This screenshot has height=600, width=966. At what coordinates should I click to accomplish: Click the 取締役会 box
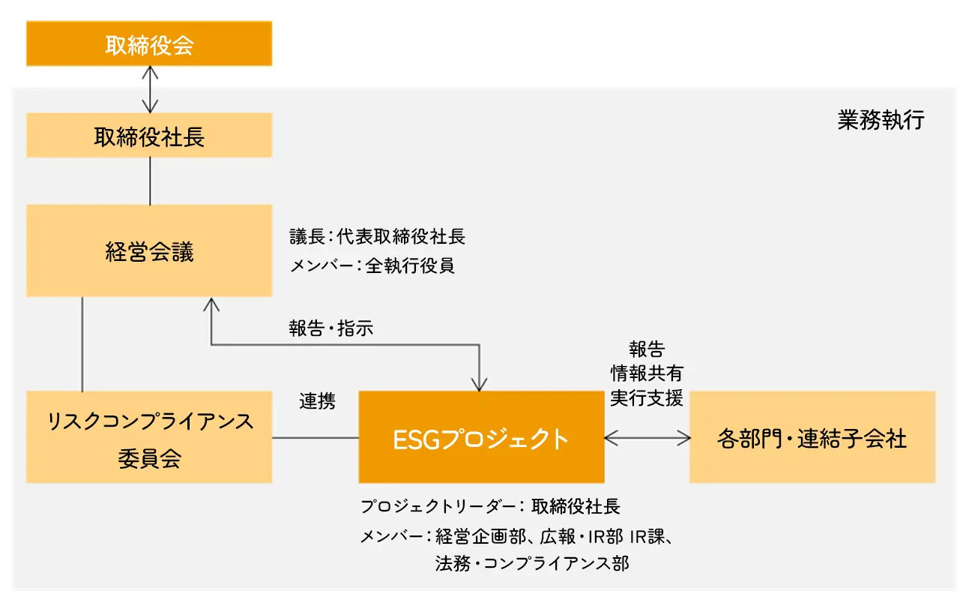coord(149,43)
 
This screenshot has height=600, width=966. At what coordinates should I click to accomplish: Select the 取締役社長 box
coord(149,135)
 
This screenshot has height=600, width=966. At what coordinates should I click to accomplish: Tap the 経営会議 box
coord(149,250)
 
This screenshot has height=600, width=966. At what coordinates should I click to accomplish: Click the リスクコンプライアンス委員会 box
coord(149,436)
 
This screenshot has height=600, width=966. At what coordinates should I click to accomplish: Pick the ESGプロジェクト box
coord(481,436)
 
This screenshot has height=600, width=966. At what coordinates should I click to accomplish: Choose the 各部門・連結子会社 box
coord(812,436)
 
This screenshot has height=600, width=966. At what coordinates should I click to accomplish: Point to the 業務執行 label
coord(881,120)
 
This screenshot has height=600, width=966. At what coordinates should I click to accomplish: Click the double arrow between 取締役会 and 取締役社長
coord(150,89)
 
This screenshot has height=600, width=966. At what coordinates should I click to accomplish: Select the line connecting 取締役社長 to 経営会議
coord(150,181)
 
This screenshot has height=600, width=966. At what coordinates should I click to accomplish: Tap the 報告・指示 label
coord(330,328)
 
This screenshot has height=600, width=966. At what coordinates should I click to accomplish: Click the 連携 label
coord(318,401)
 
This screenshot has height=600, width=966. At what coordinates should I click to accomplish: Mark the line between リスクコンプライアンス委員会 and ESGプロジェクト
coord(316,438)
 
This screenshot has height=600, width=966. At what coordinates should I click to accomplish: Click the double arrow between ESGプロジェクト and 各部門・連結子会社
coord(647,438)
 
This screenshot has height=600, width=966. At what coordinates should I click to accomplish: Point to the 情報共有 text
coord(647,373)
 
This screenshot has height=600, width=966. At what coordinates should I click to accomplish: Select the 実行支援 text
coord(647,398)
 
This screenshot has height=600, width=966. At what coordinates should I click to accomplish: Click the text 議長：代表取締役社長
coord(378,236)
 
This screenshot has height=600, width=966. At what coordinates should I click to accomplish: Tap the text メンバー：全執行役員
coord(372,265)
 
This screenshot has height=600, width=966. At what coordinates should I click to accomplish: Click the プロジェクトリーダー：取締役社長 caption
coord(490,506)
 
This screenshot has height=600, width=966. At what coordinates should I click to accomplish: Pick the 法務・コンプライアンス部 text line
coord(532,563)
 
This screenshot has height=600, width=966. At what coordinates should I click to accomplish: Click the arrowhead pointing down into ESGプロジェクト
coord(479,384)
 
